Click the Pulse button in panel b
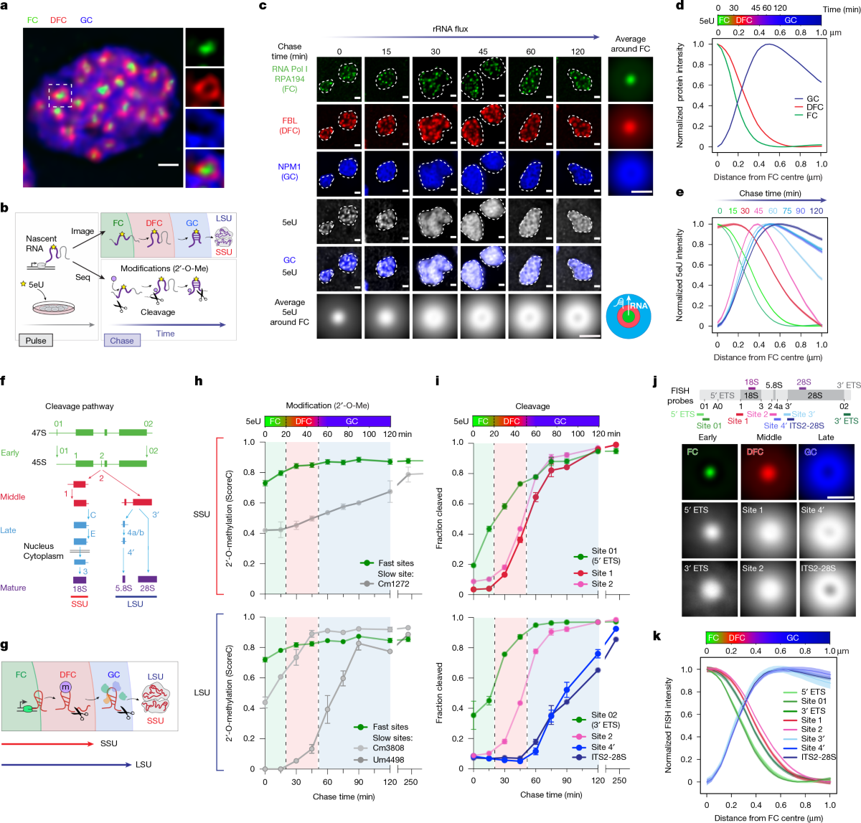[36, 341]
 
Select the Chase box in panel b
[122, 341]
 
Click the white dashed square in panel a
[60, 95]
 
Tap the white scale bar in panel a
[167, 165]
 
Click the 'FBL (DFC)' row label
[289, 126]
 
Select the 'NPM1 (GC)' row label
[289, 171]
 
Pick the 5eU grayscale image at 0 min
[339, 222]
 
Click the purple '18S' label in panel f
[79, 589]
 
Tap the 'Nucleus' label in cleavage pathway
[39, 546]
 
